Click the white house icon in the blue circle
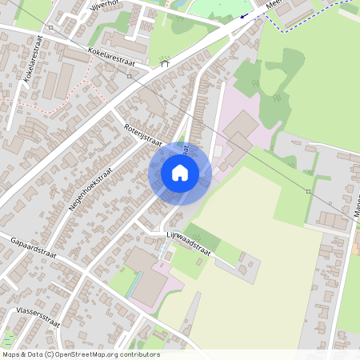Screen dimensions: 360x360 click(180, 172)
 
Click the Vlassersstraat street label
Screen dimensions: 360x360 click(38, 318)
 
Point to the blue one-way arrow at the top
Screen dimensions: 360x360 click(243, 16)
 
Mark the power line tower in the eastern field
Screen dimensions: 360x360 click(308, 192)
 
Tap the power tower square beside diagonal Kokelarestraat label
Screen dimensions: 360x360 click(129, 76)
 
